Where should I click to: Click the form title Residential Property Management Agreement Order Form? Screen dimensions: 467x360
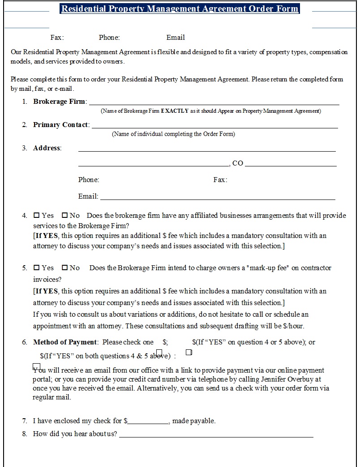click(180, 9)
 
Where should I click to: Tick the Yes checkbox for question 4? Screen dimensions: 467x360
click(37, 215)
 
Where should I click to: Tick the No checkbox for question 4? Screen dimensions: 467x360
click(64, 215)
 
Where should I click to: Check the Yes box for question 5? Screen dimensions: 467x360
click(37, 267)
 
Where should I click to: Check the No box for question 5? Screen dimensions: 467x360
click(64, 267)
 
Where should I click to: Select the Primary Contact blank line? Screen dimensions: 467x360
click(215, 127)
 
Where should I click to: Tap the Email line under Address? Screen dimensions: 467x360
click(218, 199)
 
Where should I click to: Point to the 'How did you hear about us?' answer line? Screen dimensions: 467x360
click(216, 436)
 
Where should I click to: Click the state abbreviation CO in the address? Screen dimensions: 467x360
click(238, 163)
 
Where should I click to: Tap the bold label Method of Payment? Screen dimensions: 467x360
click(65, 342)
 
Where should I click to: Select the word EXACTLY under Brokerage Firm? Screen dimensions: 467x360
click(175, 111)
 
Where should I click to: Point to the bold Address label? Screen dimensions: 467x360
click(47, 148)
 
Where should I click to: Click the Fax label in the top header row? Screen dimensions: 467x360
click(57, 38)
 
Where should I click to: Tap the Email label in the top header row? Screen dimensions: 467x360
click(176, 38)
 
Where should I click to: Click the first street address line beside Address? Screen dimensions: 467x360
click(207, 151)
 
